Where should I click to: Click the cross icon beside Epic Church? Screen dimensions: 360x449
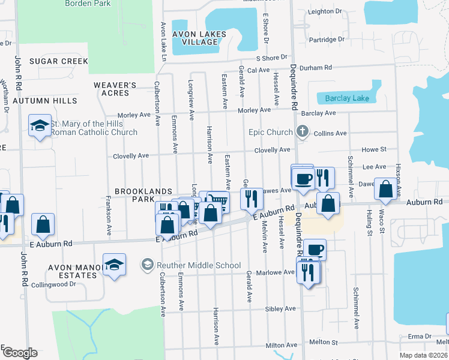tap(303, 131)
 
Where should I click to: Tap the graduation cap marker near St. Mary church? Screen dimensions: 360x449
tap(40, 125)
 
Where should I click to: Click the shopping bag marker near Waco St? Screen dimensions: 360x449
tap(385, 189)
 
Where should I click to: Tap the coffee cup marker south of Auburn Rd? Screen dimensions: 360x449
tap(314, 249)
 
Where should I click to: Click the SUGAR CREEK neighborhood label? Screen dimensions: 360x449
tap(58, 61)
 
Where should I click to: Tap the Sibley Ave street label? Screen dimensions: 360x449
tap(282, 308)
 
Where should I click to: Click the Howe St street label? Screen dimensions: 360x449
tap(373, 149)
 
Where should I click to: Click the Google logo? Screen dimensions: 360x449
tap(19, 353)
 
